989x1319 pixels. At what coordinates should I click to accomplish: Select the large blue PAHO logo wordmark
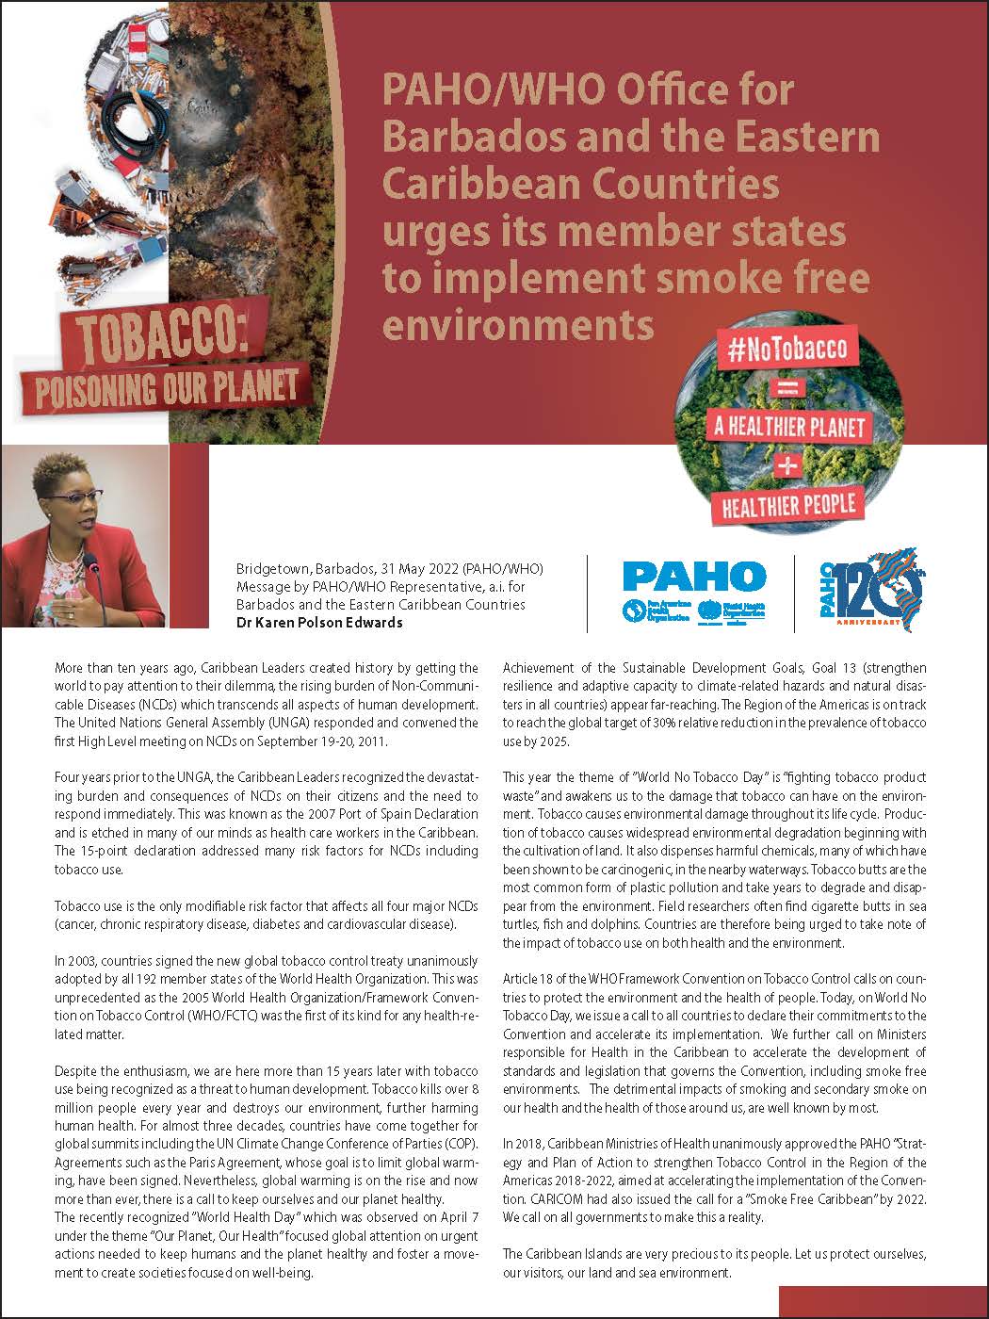[x=694, y=575]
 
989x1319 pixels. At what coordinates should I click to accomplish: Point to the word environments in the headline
[x=518, y=324]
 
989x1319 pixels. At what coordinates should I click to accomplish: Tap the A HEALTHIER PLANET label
[x=789, y=426]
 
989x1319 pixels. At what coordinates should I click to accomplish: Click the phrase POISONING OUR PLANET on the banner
[x=167, y=387]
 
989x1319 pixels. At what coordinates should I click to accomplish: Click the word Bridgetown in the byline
[x=271, y=570]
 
